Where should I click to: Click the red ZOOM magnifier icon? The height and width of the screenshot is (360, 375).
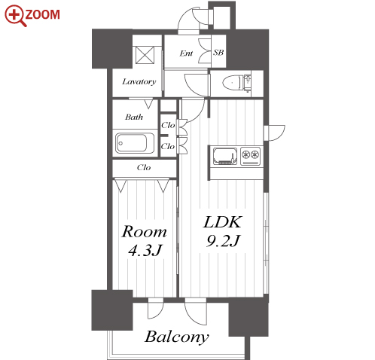14,16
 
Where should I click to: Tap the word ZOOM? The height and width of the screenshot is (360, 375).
43,14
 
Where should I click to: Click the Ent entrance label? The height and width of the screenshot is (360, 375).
186,53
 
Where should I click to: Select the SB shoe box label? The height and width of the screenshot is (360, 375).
218,53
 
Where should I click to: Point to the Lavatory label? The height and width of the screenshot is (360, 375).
139,82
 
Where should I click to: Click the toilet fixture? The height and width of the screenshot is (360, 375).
236,83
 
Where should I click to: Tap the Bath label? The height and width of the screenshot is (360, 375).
134,117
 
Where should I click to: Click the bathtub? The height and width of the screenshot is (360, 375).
135,143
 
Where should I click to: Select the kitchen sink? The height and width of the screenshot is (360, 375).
225,156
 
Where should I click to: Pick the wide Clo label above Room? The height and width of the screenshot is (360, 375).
144,167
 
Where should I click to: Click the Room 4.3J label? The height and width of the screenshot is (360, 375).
145,240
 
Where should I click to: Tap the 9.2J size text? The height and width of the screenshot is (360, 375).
223,241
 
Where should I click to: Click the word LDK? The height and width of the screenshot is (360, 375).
223,222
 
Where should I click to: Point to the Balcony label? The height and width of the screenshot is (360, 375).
177,337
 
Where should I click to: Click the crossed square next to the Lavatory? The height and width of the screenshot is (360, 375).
145,55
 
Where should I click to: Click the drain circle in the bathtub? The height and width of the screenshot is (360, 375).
120,143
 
